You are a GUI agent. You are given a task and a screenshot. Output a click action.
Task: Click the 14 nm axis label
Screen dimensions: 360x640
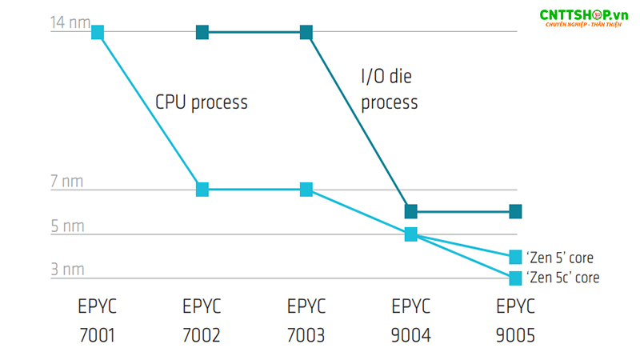click(x=70, y=22)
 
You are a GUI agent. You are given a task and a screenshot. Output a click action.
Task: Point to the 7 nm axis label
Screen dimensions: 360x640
click(x=66, y=182)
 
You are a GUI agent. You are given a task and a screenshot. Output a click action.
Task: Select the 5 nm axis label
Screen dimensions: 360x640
click(x=66, y=226)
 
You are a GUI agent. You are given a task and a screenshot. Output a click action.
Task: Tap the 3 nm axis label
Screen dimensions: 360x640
click(x=66, y=270)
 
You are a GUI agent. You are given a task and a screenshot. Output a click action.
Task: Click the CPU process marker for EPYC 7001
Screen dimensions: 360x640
click(x=98, y=32)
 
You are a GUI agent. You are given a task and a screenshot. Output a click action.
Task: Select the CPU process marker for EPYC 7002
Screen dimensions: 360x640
click(x=202, y=190)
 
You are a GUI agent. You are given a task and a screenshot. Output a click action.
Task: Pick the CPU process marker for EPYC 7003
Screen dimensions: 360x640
click(x=306, y=190)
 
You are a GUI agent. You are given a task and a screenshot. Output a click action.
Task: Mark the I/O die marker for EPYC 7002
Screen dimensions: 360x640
click(x=202, y=32)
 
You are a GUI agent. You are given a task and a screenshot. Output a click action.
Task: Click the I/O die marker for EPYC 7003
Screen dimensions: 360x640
click(x=306, y=32)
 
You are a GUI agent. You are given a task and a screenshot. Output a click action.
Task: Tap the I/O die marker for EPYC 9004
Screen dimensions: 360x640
click(x=410, y=212)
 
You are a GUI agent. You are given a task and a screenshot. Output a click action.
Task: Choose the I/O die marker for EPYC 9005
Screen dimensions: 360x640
click(x=515, y=212)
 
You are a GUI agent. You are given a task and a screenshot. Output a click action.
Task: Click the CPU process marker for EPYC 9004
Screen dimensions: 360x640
click(x=410, y=234)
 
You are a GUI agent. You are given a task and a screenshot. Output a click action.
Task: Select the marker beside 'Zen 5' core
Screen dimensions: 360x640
click(x=515, y=257)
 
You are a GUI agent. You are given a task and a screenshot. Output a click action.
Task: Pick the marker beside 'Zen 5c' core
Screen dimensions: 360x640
click(x=515, y=278)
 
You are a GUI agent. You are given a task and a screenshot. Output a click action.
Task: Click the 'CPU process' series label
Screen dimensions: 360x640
click(x=201, y=102)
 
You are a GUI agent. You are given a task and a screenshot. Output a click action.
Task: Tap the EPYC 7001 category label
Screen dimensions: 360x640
click(x=98, y=320)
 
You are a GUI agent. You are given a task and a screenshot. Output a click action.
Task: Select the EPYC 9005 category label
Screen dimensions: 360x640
click(x=515, y=320)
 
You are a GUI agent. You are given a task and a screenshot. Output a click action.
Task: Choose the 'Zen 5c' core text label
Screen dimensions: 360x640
click(x=562, y=278)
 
